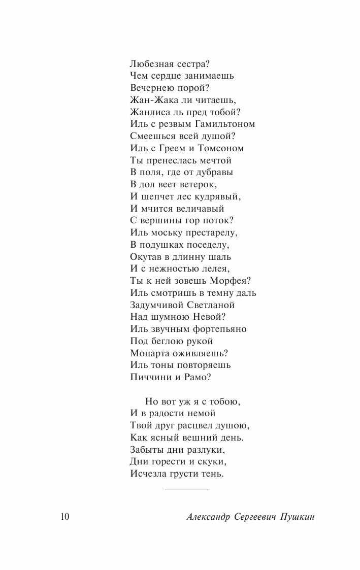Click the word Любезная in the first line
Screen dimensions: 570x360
(x=151, y=64)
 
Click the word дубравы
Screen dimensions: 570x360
(x=212, y=173)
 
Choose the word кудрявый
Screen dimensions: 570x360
(x=220, y=197)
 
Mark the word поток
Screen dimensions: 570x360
(x=219, y=221)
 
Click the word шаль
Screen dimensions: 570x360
(x=220, y=257)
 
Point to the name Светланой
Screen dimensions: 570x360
(x=209, y=305)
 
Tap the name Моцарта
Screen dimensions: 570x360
(x=152, y=353)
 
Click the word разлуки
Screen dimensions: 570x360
(x=204, y=450)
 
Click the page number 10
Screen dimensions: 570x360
(x=64, y=517)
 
